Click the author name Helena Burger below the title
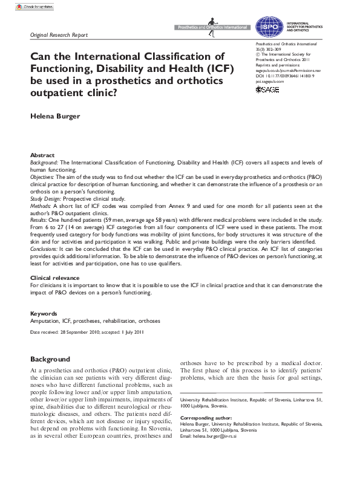point(56,115)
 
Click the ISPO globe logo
point(267,26)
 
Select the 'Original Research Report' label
point(59,35)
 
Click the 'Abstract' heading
point(42,155)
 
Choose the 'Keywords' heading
point(44,314)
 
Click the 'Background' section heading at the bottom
point(50,359)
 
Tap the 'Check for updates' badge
point(31,6)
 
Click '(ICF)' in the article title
point(214,68)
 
